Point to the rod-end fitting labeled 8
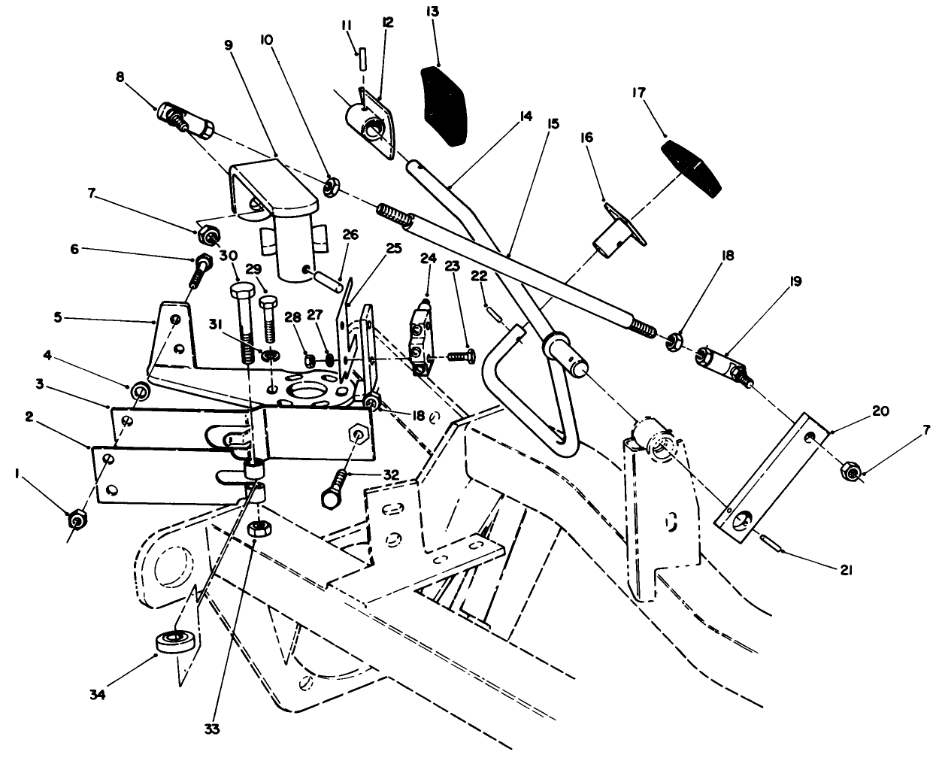(184, 121)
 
